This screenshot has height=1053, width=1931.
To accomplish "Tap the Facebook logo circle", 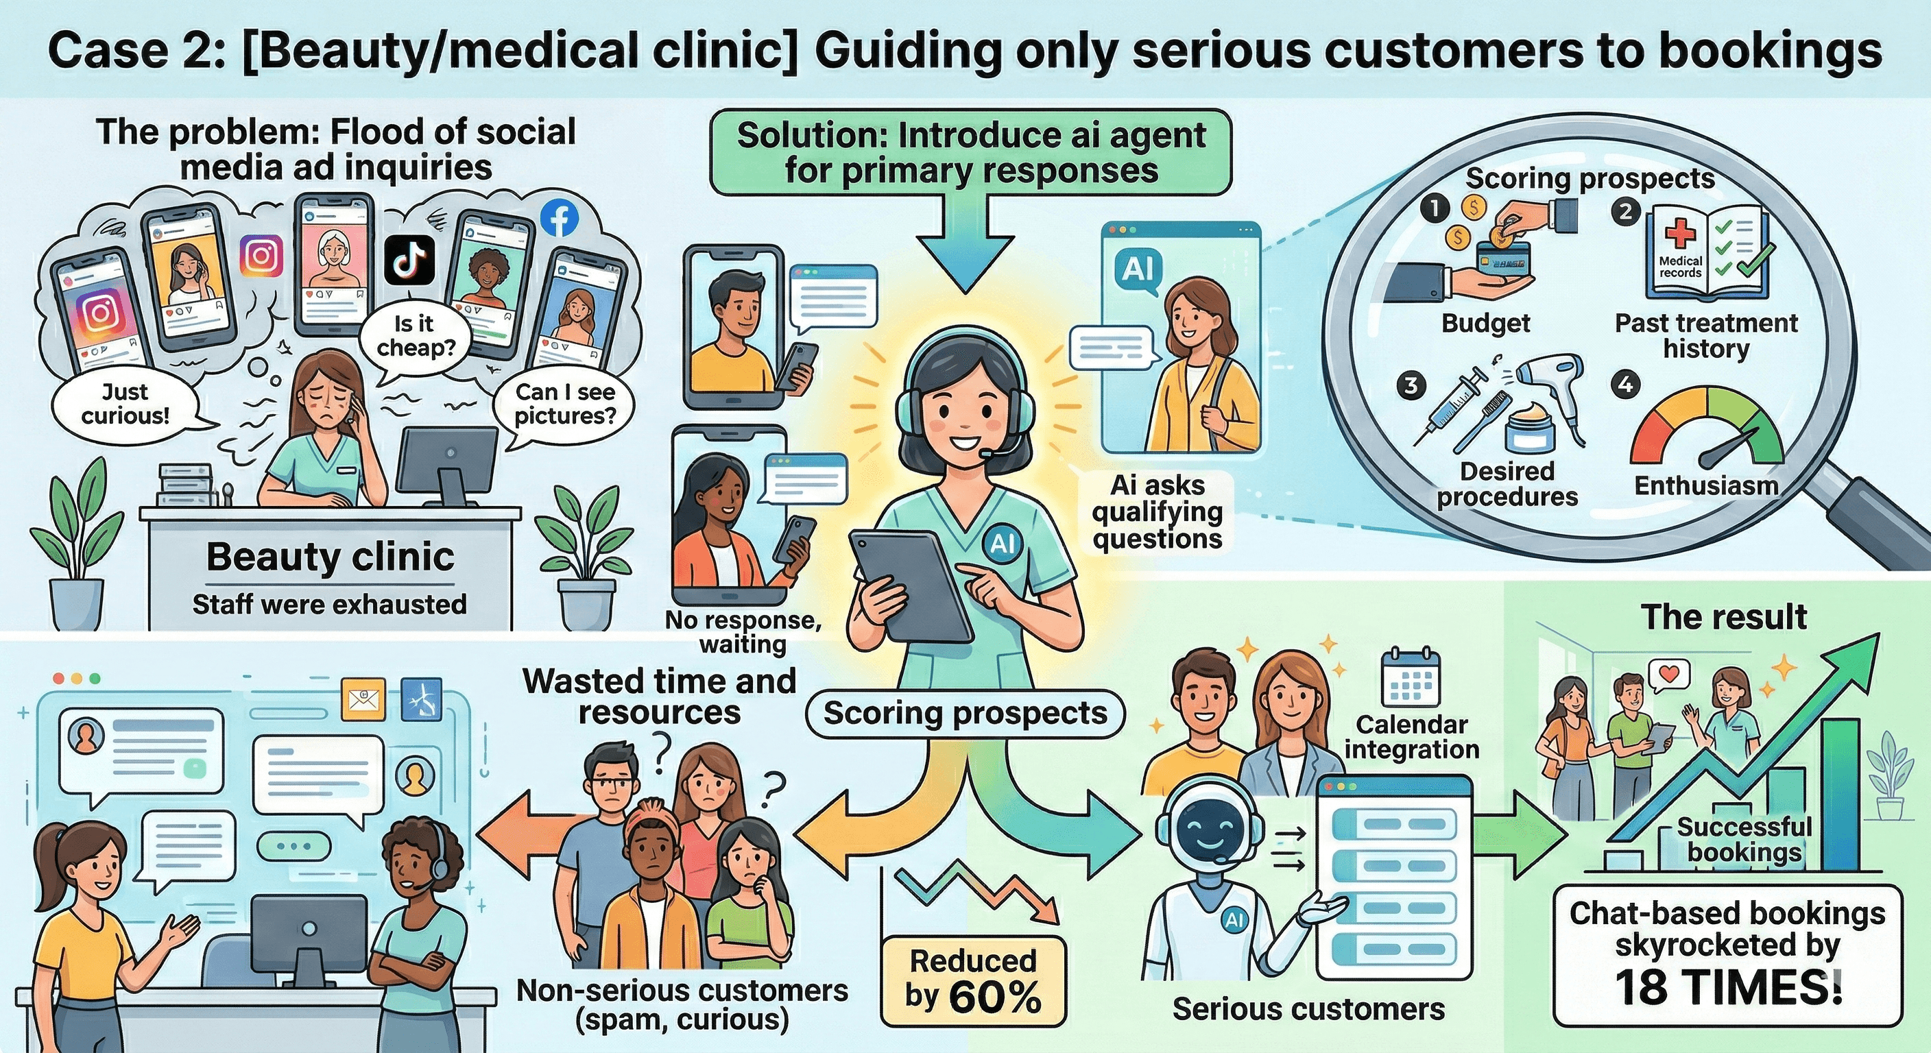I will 560,218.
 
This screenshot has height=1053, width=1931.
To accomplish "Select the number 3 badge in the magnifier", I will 1411,386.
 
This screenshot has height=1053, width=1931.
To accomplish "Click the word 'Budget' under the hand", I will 1485,323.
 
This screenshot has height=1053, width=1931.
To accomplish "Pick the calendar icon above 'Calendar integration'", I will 1410,677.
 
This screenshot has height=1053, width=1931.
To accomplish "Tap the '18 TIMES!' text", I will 1727,988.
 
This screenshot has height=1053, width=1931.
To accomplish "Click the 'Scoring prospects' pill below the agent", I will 965,713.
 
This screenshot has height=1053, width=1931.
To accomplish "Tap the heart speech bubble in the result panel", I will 1668,675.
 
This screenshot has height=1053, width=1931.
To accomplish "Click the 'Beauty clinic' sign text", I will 330,556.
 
